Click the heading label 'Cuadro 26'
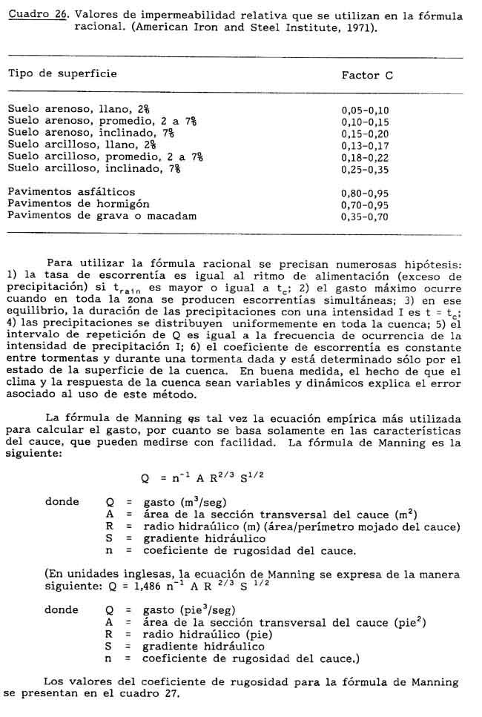32,16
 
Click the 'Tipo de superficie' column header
62,74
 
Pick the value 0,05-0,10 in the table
365,110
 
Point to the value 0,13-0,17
365,145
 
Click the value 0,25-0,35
365,169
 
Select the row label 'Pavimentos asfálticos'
71,192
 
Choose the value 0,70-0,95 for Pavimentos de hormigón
365,205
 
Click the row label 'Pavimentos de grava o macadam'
102,216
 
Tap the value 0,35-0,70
365,217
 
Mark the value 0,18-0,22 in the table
365,157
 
